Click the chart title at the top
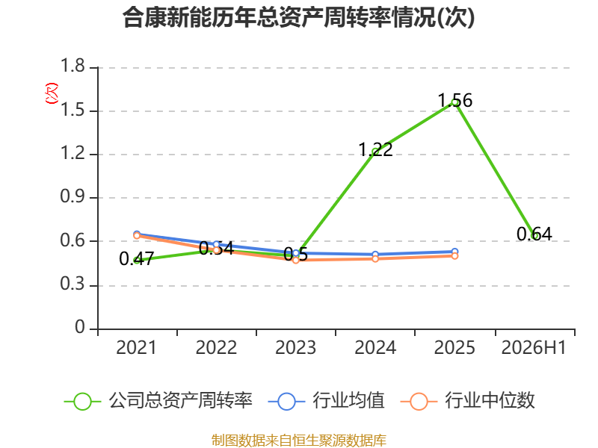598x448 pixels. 298,17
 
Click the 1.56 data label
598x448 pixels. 455,101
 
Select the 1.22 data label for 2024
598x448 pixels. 376,149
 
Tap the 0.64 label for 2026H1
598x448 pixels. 534,234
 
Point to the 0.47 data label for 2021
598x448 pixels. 137,259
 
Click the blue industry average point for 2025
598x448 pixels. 454,252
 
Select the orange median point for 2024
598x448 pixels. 375,258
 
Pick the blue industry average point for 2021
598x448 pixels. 137,234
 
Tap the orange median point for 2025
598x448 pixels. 454,256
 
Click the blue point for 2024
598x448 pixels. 375,254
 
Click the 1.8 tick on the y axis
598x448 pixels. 73,66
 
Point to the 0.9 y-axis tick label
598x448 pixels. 73,196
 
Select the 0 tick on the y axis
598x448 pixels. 80,327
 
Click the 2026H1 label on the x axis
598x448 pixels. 534,348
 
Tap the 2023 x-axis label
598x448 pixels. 295,348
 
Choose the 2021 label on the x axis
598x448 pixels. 136,348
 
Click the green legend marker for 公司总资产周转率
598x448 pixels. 82,402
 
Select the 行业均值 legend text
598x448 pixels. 348,401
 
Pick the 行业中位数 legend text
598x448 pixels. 490,401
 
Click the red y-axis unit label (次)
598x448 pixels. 52,93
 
